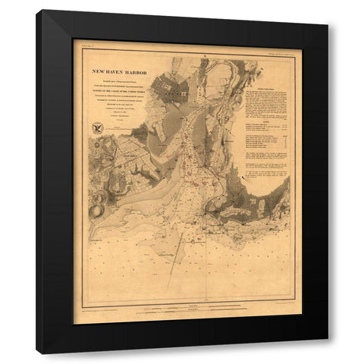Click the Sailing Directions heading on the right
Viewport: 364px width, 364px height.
267,88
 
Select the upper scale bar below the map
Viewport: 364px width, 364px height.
182,306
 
